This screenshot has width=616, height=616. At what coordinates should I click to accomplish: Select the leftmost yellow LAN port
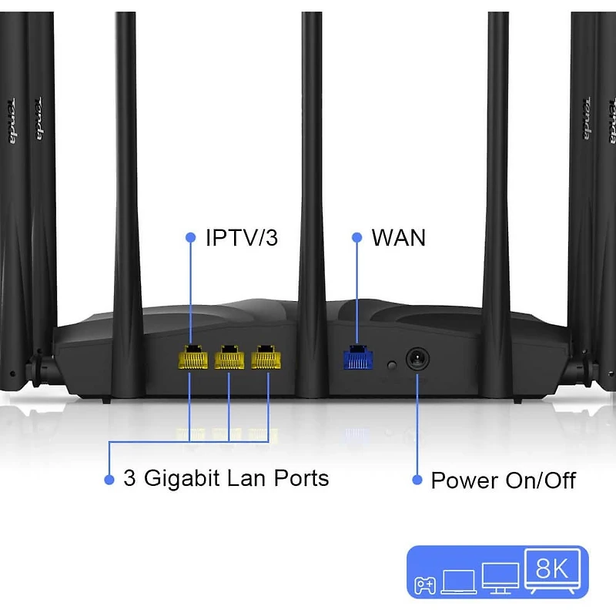(192, 358)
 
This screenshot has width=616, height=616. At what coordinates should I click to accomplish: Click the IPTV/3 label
(241, 238)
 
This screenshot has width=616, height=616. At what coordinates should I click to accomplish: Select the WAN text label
(398, 238)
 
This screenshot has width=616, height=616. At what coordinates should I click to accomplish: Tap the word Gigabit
(181, 479)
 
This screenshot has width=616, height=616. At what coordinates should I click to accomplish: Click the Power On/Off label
(503, 481)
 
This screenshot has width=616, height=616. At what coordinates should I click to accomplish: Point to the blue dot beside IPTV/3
(190, 238)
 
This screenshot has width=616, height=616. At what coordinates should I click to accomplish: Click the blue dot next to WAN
(357, 238)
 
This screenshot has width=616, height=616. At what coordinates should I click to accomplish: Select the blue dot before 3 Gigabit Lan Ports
(109, 480)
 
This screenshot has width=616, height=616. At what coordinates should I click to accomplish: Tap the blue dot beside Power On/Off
(417, 480)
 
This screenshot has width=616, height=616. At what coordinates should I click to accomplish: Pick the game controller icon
(425, 585)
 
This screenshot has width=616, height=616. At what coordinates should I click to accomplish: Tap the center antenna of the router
(311, 154)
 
